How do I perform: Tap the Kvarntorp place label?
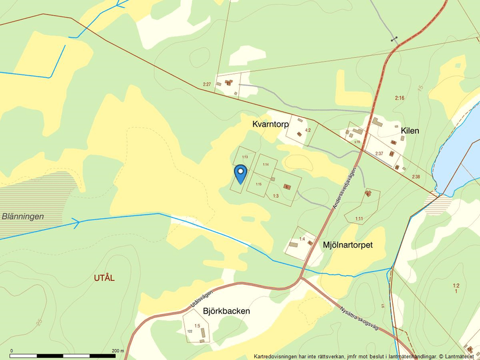(271, 124)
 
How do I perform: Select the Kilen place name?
(410, 131)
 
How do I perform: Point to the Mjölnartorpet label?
(347, 245)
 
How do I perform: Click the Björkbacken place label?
(226, 311)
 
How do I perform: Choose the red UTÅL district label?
(104, 278)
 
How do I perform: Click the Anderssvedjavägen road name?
(343, 187)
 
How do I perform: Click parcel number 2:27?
(207, 85)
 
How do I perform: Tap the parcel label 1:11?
(358, 219)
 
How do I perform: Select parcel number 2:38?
(415, 177)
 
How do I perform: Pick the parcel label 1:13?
(245, 157)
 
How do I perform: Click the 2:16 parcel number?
(399, 98)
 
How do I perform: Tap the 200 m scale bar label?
(118, 351)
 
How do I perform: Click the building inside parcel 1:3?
(287, 187)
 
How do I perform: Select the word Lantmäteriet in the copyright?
(463, 356)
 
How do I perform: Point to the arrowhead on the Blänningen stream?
(76, 222)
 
